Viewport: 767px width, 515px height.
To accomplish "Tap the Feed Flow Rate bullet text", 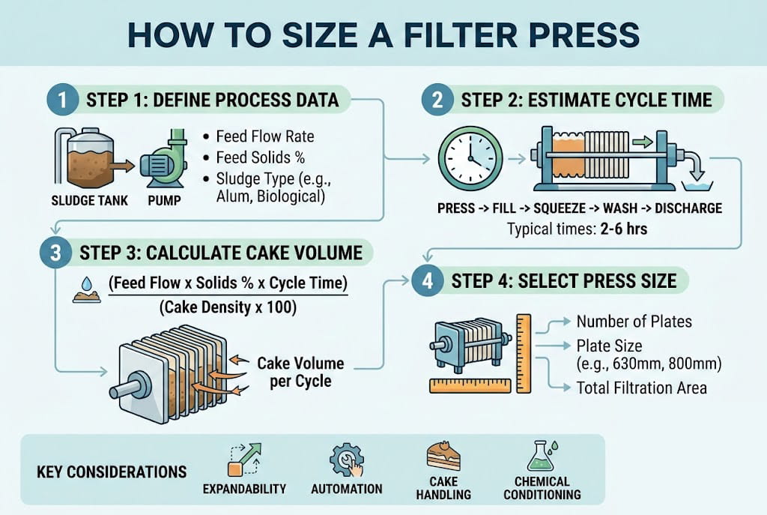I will coord(264,137).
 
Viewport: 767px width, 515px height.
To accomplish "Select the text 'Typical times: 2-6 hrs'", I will coord(577,228).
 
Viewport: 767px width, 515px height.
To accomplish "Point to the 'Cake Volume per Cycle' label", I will coord(300,372).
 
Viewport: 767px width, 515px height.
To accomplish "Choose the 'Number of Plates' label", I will coord(634,322).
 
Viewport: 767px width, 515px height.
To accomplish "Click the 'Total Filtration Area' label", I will coord(641,388).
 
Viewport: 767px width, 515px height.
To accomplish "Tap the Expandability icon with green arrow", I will coord(244,459).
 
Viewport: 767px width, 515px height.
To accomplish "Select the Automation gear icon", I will coord(346,459).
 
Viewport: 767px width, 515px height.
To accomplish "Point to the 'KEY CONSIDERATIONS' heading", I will coord(111,472).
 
